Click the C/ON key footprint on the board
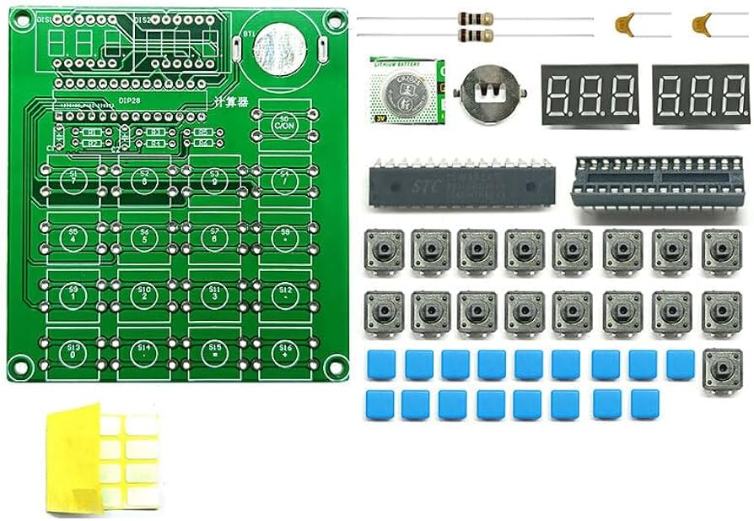point(283,123)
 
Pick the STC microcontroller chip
point(450,185)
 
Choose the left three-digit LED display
point(589,94)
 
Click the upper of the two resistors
point(474,18)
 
